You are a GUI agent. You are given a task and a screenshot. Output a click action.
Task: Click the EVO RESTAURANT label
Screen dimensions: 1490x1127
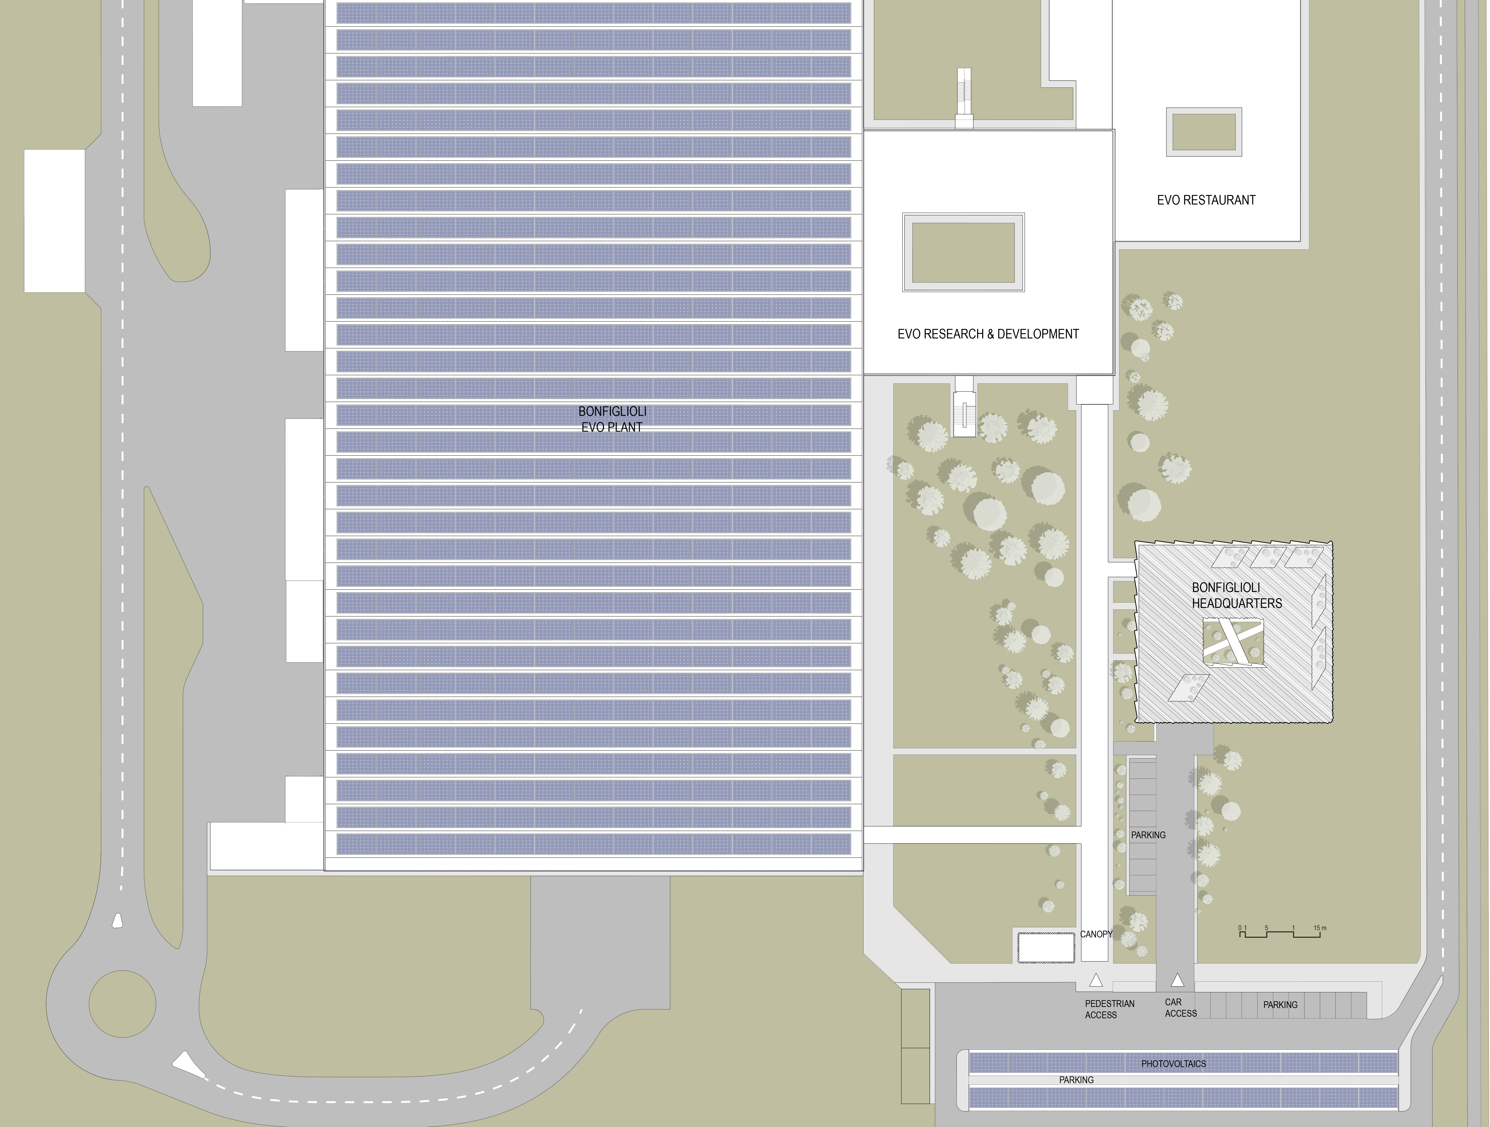pyautogui.click(x=1206, y=200)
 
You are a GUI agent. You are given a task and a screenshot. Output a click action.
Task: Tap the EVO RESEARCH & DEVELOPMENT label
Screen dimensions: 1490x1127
pyautogui.click(x=988, y=334)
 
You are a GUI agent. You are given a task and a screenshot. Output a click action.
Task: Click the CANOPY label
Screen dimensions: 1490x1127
pyautogui.click(x=1096, y=934)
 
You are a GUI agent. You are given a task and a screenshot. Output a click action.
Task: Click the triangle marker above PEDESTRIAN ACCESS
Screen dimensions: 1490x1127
pyautogui.click(x=1096, y=980)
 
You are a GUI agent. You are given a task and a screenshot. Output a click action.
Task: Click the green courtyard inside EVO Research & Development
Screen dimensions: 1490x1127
pyautogui.click(x=963, y=253)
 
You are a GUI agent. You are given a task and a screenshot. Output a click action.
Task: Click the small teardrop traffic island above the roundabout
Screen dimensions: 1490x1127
pyautogui.click(x=118, y=921)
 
